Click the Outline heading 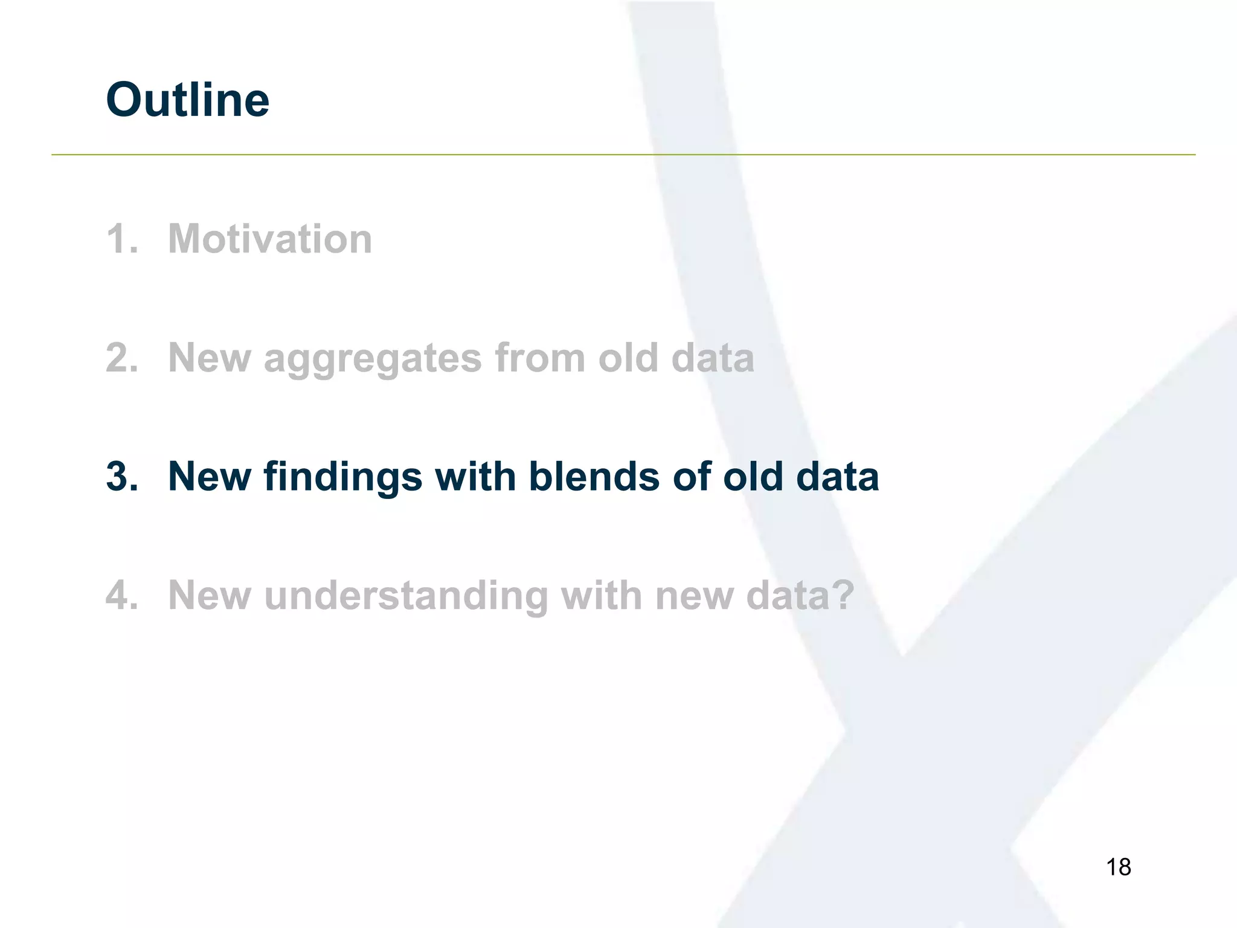click(187, 100)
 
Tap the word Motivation click(270, 239)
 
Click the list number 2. click(121, 358)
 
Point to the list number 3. click(121, 476)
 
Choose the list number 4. click(121, 595)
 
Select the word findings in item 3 click(342, 477)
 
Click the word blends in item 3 click(593, 476)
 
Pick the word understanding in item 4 click(405, 596)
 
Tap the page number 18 click(1118, 867)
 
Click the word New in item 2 click(210, 358)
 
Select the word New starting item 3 click(210, 476)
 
